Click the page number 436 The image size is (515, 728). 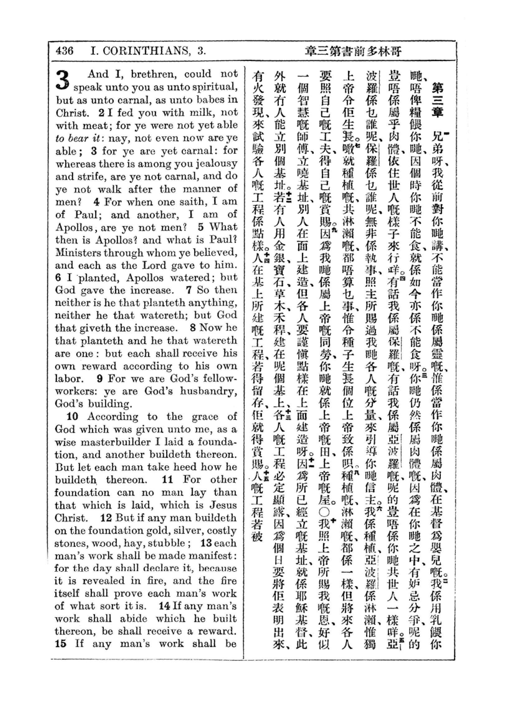65,51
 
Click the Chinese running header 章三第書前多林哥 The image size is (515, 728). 354,51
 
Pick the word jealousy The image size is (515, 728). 217,164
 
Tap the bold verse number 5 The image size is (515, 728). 201,227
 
